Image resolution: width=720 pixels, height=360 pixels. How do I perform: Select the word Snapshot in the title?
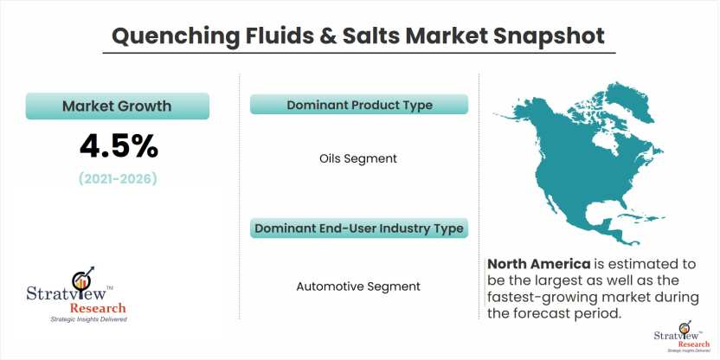(549, 35)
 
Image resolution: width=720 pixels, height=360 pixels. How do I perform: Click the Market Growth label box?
(117, 106)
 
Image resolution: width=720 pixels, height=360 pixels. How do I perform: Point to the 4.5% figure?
(119, 147)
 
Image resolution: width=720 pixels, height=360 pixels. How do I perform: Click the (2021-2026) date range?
(118, 178)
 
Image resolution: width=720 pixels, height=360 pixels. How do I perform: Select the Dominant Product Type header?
(359, 105)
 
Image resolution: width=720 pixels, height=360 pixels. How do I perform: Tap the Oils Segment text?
(358, 159)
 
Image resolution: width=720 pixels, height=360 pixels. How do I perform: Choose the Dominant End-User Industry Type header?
(359, 228)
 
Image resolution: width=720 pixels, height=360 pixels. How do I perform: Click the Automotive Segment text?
(358, 286)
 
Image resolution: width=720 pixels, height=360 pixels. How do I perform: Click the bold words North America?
(539, 265)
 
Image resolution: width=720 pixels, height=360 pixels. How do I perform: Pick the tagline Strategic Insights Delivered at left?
(88, 319)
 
